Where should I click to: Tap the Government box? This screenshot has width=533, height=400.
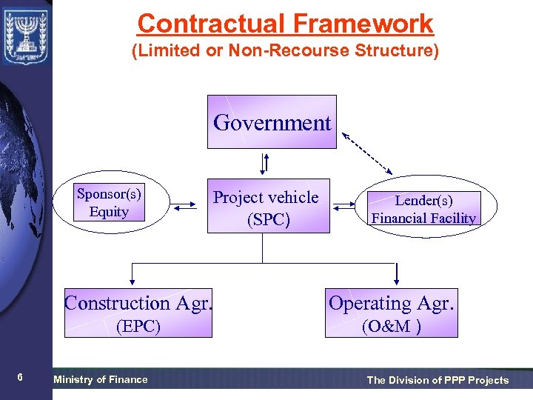click(x=272, y=122)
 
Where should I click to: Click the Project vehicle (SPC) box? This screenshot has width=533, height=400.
click(x=266, y=207)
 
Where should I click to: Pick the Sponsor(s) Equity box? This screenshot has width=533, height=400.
click(x=110, y=203)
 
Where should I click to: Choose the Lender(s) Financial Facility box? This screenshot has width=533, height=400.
click(x=424, y=209)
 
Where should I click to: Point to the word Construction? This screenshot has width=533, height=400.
click(x=118, y=303)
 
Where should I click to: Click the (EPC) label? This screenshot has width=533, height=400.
click(x=138, y=326)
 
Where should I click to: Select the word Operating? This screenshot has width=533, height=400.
click(x=370, y=303)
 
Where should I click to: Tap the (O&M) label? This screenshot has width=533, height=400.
click(x=392, y=326)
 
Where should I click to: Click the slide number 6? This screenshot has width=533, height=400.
click(x=20, y=378)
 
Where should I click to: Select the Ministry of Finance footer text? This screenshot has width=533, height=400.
click(x=101, y=379)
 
